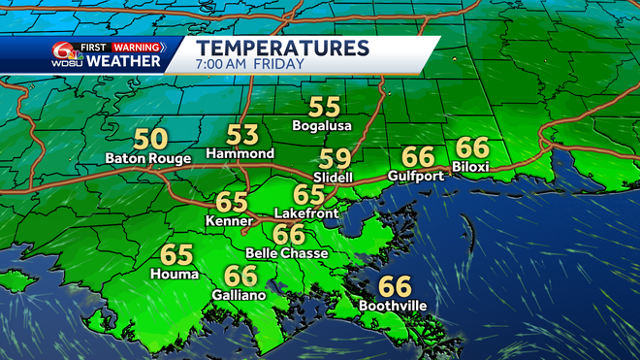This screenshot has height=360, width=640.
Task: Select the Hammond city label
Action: pos(240,153)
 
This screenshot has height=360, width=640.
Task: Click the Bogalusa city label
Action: pos(323,125)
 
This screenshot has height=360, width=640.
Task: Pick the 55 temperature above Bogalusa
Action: pos(323,108)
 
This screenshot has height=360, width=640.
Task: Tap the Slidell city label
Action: pos(334,177)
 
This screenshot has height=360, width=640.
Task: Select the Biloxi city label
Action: pos(472,166)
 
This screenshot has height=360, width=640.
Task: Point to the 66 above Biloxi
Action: pos(472,147)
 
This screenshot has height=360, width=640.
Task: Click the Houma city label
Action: pos(176,275)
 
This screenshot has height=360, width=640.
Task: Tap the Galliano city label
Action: pos(239,295)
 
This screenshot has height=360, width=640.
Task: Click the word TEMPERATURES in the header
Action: pos(282,47)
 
